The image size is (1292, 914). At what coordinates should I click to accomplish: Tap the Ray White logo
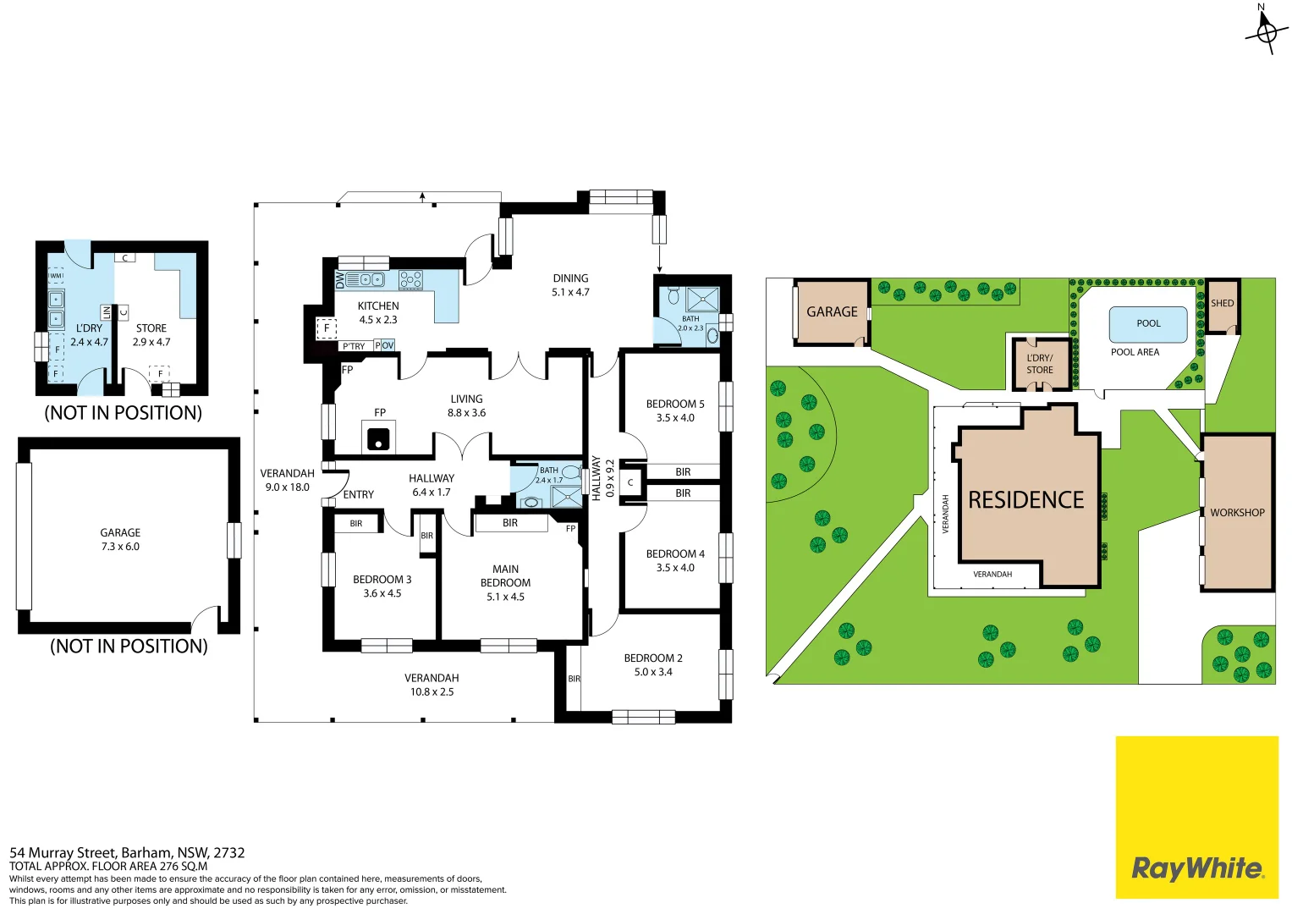(1197, 817)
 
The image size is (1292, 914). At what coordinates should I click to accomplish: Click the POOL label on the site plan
(1148, 323)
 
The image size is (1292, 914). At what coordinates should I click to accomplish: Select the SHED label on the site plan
(1223, 303)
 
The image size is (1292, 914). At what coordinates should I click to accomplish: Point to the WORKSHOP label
(1237, 512)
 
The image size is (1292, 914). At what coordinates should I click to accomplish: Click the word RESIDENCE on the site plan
(1026, 499)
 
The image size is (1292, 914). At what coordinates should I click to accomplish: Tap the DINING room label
(570, 278)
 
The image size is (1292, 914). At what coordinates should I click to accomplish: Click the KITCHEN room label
(378, 306)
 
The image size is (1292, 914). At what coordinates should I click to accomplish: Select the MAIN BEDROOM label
(505, 575)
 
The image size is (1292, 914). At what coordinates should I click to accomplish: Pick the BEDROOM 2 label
(653, 658)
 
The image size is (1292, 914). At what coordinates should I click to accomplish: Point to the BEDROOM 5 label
(675, 404)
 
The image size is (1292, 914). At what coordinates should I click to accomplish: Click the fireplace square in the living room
(379, 436)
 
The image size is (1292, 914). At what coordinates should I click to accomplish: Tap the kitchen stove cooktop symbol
(410, 280)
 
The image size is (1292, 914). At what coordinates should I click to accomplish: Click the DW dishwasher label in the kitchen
(340, 280)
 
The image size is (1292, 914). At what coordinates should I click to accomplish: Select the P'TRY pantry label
(354, 346)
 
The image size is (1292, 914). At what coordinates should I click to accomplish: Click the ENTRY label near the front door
(358, 494)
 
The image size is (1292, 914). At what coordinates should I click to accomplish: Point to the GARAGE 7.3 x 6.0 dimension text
(120, 547)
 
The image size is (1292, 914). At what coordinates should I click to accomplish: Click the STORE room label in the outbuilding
(151, 328)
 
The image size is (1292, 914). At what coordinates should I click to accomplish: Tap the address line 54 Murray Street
(127, 852)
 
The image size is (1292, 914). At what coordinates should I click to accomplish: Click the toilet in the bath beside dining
(673, 296)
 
